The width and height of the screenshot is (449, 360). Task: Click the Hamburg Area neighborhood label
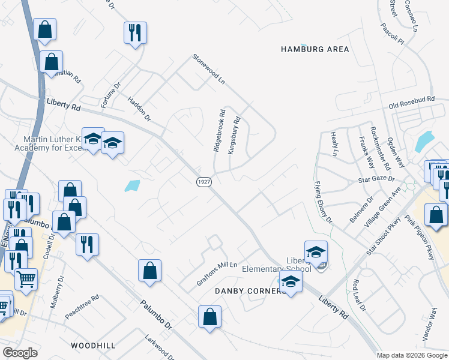coord(315,49)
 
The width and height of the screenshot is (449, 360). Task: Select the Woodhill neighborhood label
coord(92,346)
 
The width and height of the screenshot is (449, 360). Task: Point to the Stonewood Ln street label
coord(208,69)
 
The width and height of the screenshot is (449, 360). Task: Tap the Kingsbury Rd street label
coord(234,136)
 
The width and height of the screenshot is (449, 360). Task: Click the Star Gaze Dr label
coord(376,179)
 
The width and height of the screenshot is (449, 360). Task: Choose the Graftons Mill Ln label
coord(217,273)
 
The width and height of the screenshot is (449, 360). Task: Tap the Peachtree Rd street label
coord(82,307)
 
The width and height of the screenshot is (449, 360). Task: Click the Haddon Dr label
coord(137,108)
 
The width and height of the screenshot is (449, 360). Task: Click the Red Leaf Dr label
coord(359,295)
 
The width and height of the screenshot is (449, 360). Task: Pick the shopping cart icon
coord(25,278)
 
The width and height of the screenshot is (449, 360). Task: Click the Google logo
coord(20,353)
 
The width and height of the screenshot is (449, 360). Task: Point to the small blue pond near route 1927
coord(133,186)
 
